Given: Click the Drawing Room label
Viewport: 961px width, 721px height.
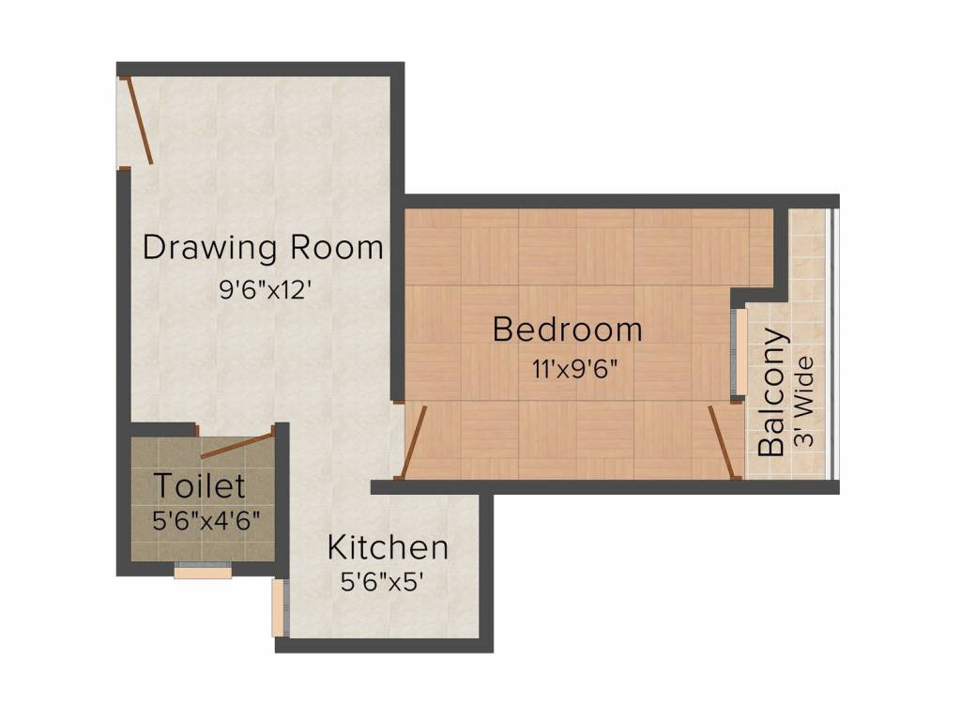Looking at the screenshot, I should tap(263, 248).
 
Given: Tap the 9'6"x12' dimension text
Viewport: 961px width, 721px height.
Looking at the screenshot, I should tap(264, 290).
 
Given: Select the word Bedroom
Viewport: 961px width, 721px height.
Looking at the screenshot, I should tap(567, 330).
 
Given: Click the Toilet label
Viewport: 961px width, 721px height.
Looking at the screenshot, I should tap(199, 486).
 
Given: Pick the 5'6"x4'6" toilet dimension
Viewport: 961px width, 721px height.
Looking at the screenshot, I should tap(206, 519).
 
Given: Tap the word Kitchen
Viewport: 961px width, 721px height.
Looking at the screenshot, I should tap(387, 546).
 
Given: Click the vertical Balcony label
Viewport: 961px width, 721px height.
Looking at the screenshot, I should tap(771, 392).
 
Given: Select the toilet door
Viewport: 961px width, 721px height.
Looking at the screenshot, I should tap(236, 443).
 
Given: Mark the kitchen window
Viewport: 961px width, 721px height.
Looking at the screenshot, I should tap(278, 607).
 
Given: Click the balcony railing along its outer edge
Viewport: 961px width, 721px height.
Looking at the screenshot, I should tap(831, 343).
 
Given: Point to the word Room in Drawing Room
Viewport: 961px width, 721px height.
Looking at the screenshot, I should tap(337, 248).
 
